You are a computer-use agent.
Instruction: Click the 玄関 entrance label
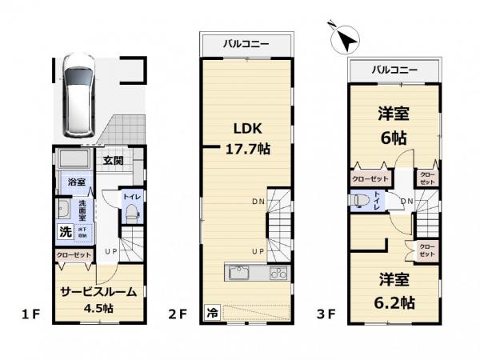tap(112, 160)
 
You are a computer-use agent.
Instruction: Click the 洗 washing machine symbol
tap(65, 233)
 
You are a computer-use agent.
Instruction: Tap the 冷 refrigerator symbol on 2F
tap(212, 312)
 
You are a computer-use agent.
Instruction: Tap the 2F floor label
tap(178, 314)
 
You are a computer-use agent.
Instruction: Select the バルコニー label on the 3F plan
tap(395, 70)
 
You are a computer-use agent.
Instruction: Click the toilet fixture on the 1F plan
tap(133, 213)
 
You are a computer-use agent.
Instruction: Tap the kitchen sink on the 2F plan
tap(241, 274)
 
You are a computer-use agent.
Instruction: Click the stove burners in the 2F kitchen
tap(277, 274)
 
